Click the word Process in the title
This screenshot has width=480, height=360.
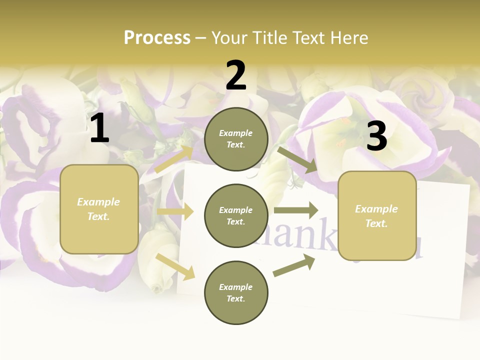[x=157, y=38]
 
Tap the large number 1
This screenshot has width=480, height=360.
[x=99, y=128]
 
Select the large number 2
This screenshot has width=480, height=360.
[x=236, y=76]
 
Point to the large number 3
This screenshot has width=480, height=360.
[x=376, y=136]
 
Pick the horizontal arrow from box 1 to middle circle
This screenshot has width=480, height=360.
[x=175, y=211]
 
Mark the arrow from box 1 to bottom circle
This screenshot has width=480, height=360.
[x=175, y=266]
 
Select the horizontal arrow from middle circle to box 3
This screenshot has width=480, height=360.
[x=296, y=210]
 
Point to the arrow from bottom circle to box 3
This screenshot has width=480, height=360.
[x=294, y=265]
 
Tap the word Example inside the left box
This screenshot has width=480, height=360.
[x=98, y=202]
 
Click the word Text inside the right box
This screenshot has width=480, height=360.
[x=376, y=223]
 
